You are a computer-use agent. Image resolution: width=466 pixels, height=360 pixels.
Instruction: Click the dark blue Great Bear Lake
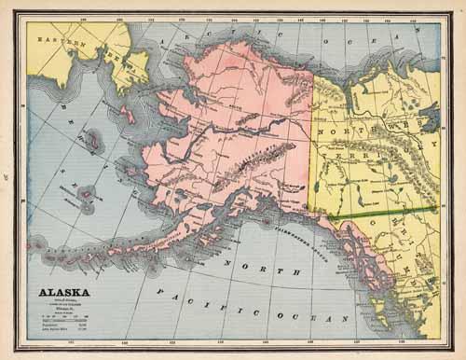[x=430, y=119]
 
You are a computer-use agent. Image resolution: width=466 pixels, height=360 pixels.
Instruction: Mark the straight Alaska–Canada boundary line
[x=310, y=140]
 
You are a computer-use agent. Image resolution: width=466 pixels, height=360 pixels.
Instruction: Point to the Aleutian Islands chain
[x=93, y=250]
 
